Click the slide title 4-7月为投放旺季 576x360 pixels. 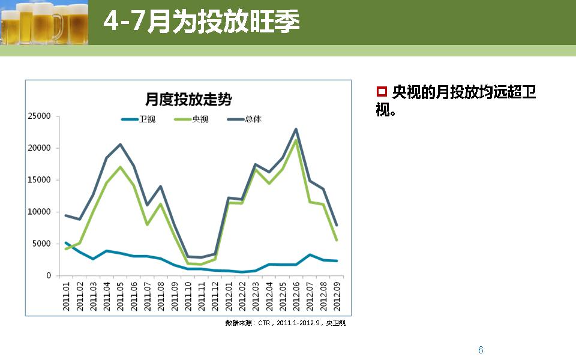[202, 22]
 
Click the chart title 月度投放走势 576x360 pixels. [188, 100]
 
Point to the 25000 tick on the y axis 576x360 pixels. [40, 116]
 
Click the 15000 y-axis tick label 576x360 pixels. [40, 180]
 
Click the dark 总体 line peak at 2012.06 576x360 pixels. [296, 129]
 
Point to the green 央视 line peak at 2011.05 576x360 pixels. [120, 167]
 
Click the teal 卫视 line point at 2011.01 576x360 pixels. [66, 243]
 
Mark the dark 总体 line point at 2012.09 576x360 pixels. [337, 225]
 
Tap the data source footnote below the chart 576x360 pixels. [286, 323]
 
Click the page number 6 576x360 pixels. [481, 350]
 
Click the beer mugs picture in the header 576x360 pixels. [44, 22]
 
